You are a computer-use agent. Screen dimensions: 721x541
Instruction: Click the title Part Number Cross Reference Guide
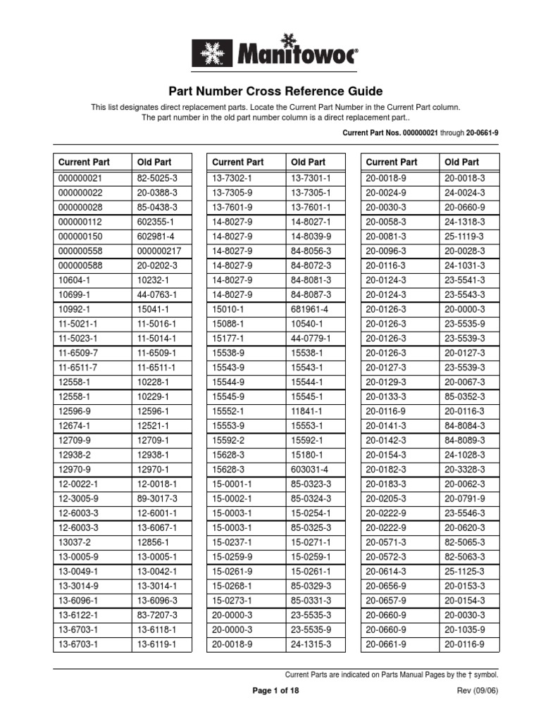[x=275, y=92]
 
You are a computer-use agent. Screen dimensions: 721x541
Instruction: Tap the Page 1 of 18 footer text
[x=275, y=691]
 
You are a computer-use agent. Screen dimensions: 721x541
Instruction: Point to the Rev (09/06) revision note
[x=478, y=691]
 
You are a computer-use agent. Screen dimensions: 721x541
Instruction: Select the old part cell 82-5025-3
[x=157, y=179]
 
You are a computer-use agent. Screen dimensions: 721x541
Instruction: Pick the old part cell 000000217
[x=159, y=251]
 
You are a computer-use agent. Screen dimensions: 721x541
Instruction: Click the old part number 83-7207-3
[x=157, y=615]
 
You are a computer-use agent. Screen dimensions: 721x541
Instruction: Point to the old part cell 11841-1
[x=307, y=411]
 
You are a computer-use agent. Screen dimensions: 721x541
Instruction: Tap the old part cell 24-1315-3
[x=311, y=644]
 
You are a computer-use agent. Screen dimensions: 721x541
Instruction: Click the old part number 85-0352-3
[x=464, y=397]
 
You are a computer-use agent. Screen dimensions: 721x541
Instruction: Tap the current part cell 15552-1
[x=228, y=411]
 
